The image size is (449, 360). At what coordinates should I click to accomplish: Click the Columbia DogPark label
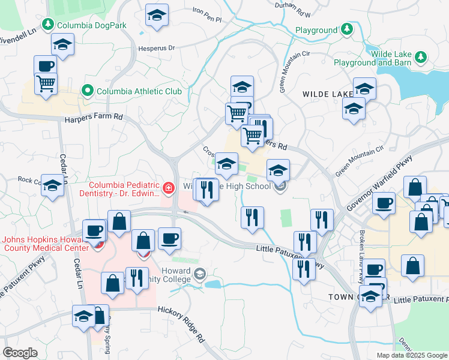[85, 26]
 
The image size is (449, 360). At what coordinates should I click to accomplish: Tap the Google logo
[20, 353]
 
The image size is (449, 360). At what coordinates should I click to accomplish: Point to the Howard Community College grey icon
[199, 275]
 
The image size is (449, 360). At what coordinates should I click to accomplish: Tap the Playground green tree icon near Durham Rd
[346, 29]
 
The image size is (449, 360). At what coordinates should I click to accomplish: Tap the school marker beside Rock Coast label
[53, 186]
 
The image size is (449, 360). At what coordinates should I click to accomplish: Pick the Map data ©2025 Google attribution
[411, 355]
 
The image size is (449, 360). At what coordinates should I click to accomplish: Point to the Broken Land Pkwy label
[362, 253]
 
